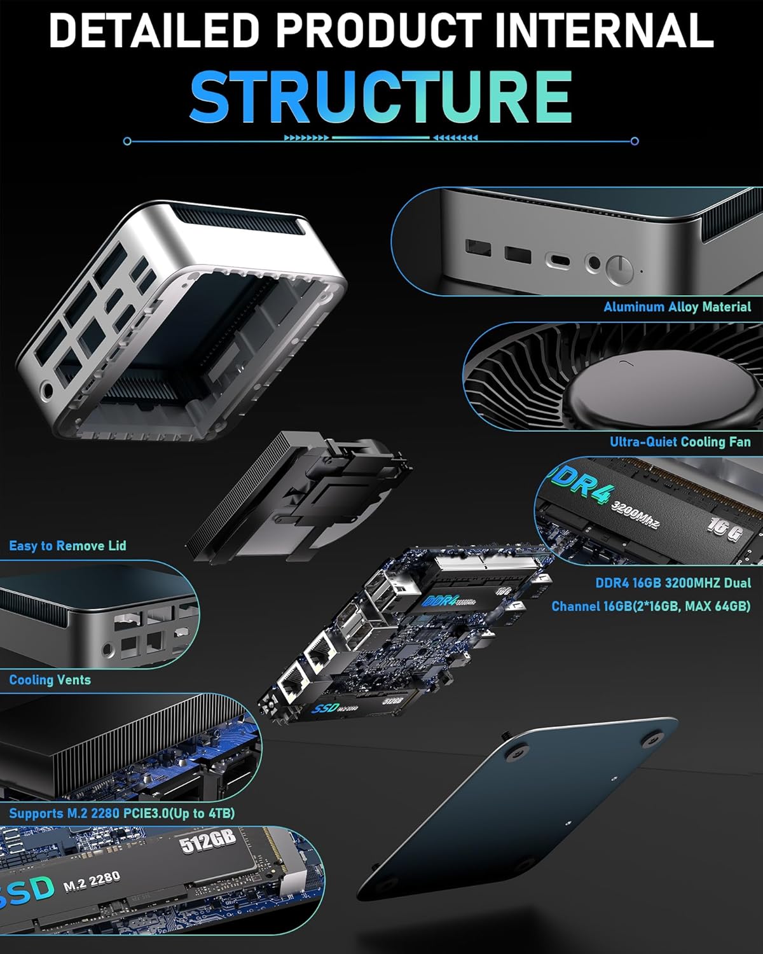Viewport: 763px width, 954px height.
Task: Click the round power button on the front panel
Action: (619, 270)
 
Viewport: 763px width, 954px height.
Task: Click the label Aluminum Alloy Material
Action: (677, 307)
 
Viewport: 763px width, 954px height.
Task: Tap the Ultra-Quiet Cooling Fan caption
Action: (680, 441)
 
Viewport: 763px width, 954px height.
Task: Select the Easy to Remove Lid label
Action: (67, 546)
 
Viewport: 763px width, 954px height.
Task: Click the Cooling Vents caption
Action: (50, 680)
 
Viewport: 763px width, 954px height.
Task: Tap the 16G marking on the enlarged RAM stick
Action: (724, 529)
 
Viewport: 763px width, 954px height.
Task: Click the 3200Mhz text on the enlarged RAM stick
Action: (635, 515)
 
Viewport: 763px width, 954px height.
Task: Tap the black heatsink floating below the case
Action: (299, 502)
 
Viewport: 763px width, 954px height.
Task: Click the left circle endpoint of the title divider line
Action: (128, 141)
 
